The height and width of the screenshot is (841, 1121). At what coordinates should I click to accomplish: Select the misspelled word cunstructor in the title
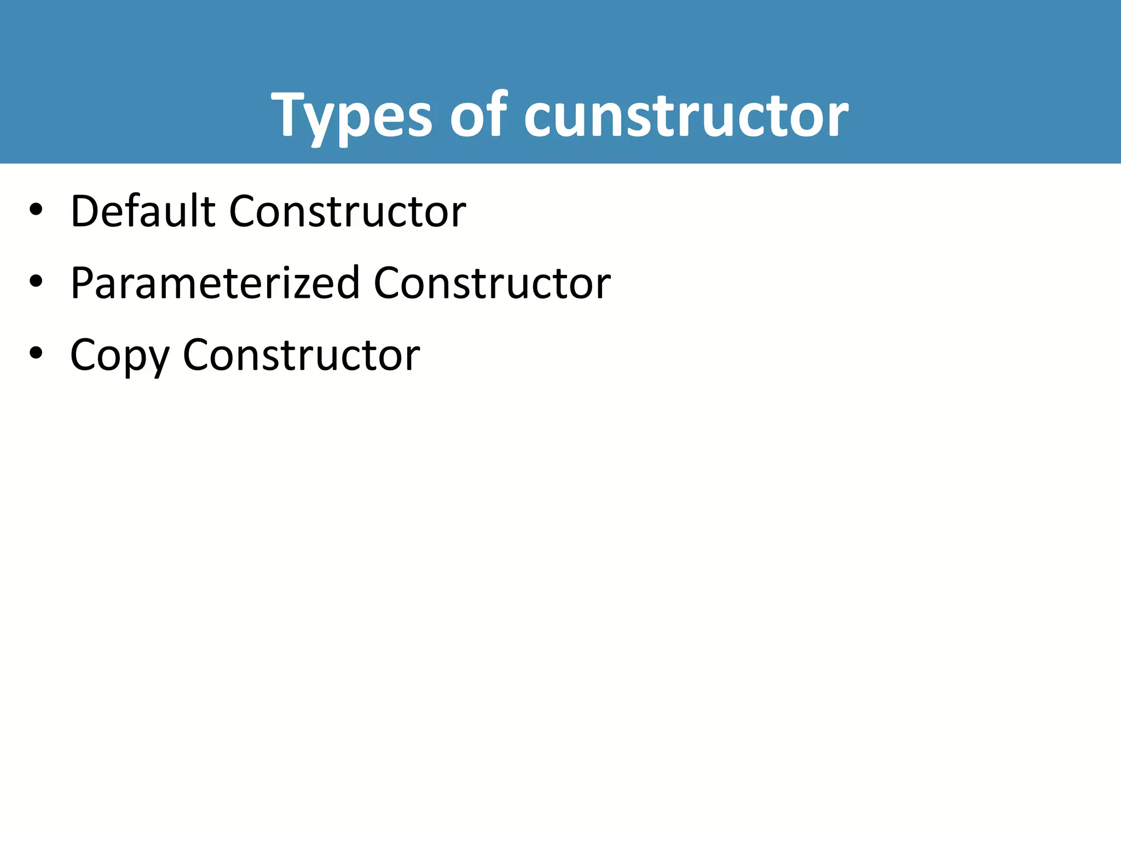[x=686, y=116]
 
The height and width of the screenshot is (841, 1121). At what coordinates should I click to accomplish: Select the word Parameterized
[x=215, y=284]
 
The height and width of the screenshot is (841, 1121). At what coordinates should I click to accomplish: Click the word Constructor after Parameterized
[x=492, y=284]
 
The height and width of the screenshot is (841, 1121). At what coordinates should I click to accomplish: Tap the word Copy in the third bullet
[x=119, y=356]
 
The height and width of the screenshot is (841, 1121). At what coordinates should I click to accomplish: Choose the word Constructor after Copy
[x=302, y=355]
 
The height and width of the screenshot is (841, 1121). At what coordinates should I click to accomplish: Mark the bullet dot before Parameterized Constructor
[x=36, y=281]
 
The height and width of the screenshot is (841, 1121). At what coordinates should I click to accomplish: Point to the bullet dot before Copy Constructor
[x=36, y=354]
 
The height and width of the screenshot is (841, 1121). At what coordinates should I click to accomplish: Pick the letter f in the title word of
[x=496, y=113]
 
